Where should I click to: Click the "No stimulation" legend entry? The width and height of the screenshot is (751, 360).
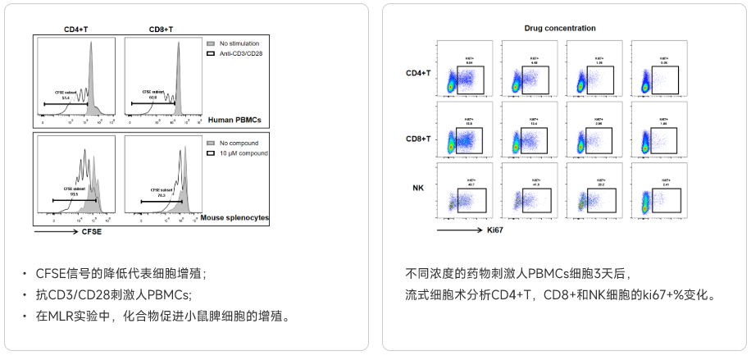point(239,43)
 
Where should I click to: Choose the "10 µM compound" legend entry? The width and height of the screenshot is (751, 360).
point(243,153)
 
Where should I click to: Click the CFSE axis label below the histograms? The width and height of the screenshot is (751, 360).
point(92,232)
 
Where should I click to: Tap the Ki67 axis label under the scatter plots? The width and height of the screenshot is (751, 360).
point(494,230)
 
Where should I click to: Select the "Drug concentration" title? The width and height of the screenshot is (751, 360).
point(560,28)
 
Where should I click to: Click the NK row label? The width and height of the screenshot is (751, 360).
point(417,188)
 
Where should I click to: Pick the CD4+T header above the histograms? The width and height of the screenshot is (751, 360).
point(76,30)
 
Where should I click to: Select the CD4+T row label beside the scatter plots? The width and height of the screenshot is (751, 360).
point(418,73)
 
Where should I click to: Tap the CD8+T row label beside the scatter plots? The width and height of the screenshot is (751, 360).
point(418,139)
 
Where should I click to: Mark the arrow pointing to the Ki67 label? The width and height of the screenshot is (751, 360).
point(458,230)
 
